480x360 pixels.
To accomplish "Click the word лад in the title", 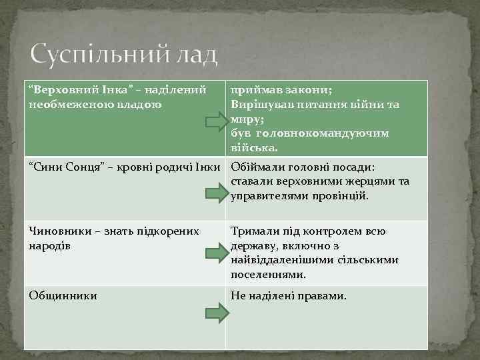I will click(198, 54).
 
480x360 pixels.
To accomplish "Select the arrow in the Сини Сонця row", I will click(216, 193).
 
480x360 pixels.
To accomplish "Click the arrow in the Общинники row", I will click(216, 312).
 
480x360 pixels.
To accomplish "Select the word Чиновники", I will click(61, 231).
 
